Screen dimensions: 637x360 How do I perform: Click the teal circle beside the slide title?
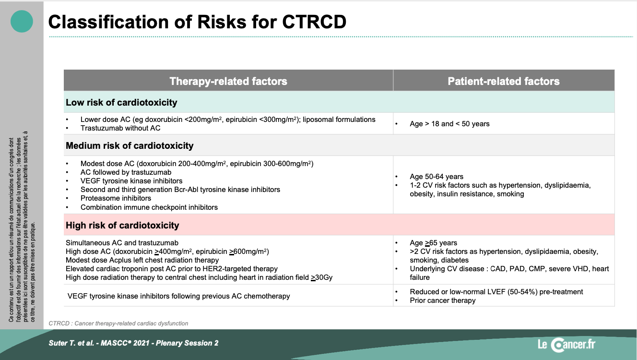pos(22,21)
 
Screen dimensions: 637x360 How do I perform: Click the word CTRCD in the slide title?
pos(314,22)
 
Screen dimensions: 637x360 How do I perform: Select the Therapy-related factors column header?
pos(228,81)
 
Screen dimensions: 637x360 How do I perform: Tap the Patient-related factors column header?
pos(504,81)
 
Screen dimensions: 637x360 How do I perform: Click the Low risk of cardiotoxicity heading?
pos(121,102)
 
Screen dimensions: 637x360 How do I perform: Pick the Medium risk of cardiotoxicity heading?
pos(130,146)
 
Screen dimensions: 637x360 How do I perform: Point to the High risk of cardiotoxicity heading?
pos(122,226)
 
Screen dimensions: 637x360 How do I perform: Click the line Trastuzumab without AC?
pos(120,128)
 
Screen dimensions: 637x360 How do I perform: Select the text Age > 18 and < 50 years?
pos(449,124)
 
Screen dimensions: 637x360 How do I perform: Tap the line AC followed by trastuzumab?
pos(126,172)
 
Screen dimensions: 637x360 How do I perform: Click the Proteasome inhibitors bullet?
pos(116,198)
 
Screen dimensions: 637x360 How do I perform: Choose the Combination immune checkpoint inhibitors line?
pos(149,207)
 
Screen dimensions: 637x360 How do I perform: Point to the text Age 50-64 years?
pos(436,177)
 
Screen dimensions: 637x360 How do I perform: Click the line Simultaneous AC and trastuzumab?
pos(122,243)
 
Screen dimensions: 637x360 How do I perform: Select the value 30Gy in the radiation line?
pos(324,277)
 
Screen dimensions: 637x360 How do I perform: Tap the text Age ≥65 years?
pos(434,243)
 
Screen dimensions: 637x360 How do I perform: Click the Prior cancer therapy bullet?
pos(442,300)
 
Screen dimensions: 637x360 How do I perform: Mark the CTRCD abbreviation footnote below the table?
pos(118,324)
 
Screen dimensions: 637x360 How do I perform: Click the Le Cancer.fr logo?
pos(566,344)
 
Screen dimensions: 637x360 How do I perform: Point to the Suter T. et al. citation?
pos(133,343)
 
